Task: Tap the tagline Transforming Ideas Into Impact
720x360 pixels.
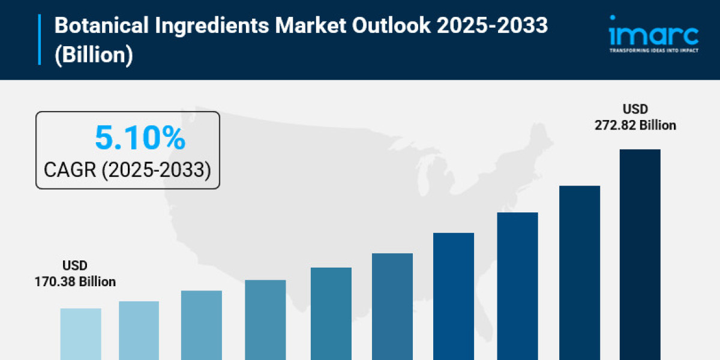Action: (x=653, y=50)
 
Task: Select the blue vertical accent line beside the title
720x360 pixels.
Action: (x=40, y=40)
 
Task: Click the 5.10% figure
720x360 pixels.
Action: (x=140, y=139)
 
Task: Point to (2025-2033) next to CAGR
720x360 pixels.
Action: (x=156, y=170)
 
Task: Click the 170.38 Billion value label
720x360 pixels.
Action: (x=75, y=281)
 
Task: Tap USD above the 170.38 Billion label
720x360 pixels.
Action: (x=75, y=265)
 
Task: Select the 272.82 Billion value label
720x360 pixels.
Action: (x=635, y=125)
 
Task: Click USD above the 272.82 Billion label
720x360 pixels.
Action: (x=635, y=109)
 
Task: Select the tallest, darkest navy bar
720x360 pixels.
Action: (x=640, y=254)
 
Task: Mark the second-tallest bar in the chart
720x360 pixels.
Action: (x=580, y=272)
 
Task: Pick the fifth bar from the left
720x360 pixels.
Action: (x=331, y=313)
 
